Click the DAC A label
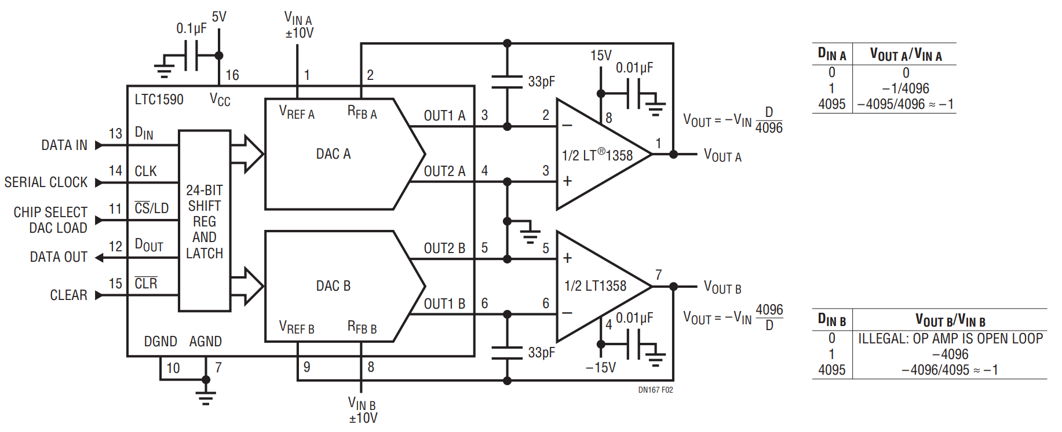point(333,154)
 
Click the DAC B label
point(333,286)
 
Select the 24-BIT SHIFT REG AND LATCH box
point(205,221)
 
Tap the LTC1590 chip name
point(159,100)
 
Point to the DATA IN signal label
point(64,145)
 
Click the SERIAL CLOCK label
point(46,182)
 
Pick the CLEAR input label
point(68,295)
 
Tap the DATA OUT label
point(59,257)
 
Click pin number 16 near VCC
point(232,75)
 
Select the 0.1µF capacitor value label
point(191,28)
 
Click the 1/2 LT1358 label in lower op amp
point(596,286)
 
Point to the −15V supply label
point(600,368)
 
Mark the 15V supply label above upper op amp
point(601,56)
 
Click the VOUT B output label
point(722,287)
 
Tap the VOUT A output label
point(722,155)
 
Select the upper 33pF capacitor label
point(541,82)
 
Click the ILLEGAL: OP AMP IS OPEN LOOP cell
point(950,339)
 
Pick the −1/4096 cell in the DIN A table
point(906,89)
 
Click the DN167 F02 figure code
point(655,390)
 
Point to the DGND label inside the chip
point(160,342)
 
